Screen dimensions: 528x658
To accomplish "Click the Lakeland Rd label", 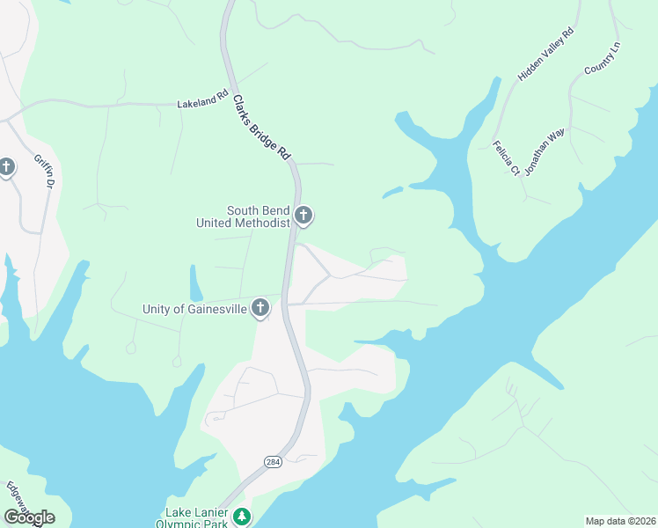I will click(196, 103).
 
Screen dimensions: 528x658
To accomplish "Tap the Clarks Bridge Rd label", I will click(261, 127).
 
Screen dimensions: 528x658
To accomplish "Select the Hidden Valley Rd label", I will click(545, 55).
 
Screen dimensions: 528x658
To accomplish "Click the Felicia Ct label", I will click(506, 158).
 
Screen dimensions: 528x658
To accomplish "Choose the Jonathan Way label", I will click(544, 152).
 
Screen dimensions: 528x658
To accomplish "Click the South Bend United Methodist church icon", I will click(303, 215).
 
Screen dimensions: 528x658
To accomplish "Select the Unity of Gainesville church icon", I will click(260, 307).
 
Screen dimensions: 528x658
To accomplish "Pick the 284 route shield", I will click(273, 462).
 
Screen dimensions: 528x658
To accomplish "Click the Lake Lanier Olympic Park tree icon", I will click(242, 517).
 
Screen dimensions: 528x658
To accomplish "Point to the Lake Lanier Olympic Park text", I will click(196, 517).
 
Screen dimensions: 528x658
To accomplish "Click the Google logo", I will click(29, 517).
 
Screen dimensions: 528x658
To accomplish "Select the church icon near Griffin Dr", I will click(7, 166).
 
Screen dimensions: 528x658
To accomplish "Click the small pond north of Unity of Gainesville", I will click(194, 283).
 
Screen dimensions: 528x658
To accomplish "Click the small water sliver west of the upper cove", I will click(392, 192).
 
